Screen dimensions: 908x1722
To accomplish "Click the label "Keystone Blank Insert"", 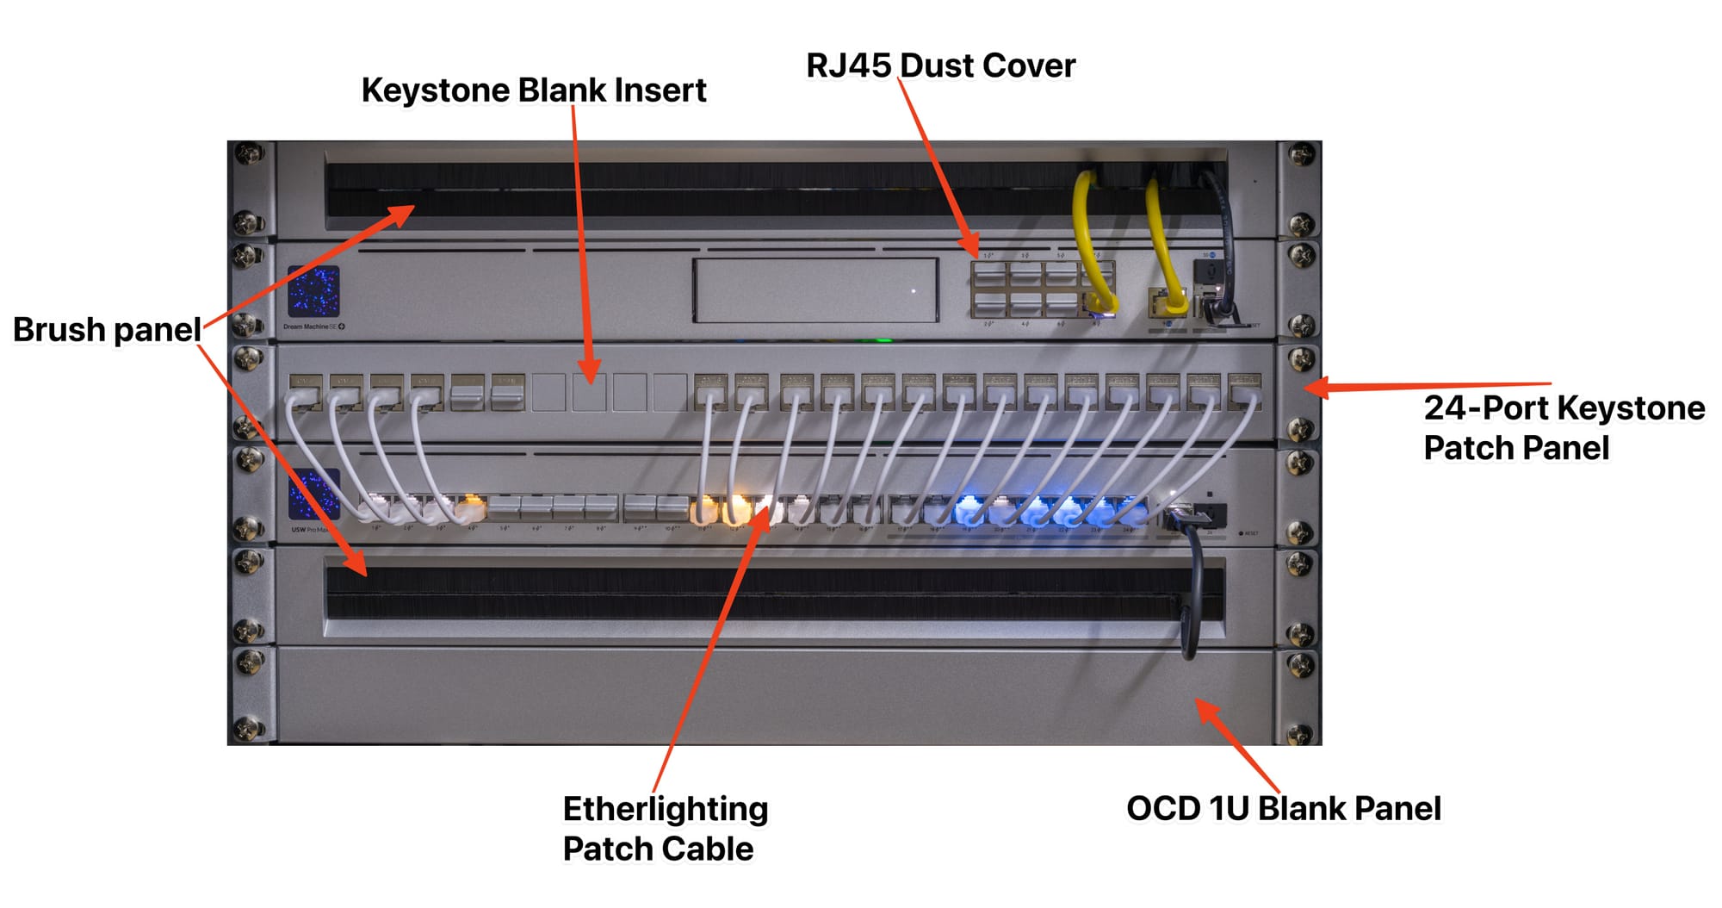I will [x=533, y=90].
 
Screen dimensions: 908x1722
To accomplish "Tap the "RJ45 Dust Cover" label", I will [x=940, y=65].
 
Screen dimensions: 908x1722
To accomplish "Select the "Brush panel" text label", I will [x=107, y=330].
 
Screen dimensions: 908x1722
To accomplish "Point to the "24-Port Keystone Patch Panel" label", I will [x=1563, y=427].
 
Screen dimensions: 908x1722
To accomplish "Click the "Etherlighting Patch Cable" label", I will [x=665, y=828].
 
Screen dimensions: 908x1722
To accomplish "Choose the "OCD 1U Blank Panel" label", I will [x=1283, y=808].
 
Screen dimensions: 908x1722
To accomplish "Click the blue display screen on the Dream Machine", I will [x=313, y=291].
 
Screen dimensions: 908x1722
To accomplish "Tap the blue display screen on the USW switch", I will [x=313, y=494].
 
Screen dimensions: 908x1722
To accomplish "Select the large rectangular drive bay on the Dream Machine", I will [x=815, y=290].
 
